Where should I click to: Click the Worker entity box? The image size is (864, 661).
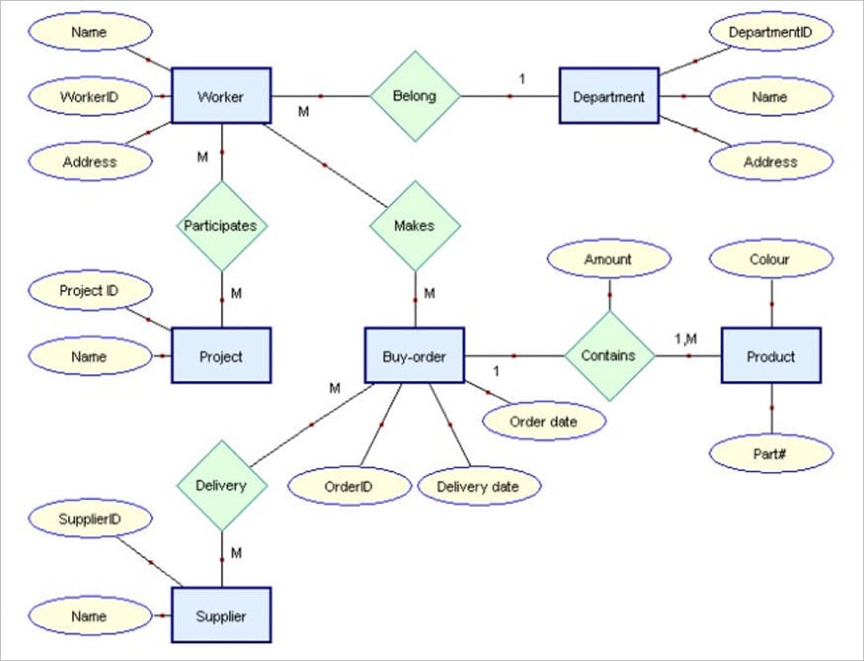(x=220, y=96)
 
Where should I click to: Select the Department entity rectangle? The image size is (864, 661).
(x=609, y=96)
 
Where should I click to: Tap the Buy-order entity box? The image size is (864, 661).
(x=414, y=356)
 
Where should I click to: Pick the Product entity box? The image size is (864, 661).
(x=770, y=356)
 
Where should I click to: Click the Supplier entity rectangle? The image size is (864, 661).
(x=220, y=616)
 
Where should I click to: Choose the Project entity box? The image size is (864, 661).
(x=220, y=356)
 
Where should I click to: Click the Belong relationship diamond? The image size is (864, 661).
(x=415, y=96)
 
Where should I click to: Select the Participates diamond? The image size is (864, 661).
(x=221, y=225)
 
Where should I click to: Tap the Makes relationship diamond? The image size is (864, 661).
(x=415, y=225)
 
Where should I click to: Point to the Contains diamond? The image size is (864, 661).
(x=609, y=356)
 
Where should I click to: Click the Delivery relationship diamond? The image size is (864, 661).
(x=221, y=485)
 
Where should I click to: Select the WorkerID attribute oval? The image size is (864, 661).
(x=90, y=97)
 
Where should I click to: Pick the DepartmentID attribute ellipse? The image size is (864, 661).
(x=770, y=33)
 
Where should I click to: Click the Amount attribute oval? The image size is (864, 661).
(x=608, y=259)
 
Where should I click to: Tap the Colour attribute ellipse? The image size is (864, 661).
(x=770, y=259)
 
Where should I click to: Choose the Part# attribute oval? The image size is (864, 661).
(x=770, y=453)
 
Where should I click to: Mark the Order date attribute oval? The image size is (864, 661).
(x=543, y=421)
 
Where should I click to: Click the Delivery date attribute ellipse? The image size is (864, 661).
(x=478, y=485)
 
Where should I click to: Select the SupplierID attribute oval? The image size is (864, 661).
(x=90, y=517)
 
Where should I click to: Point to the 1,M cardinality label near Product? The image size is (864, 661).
(x=685, y=339)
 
